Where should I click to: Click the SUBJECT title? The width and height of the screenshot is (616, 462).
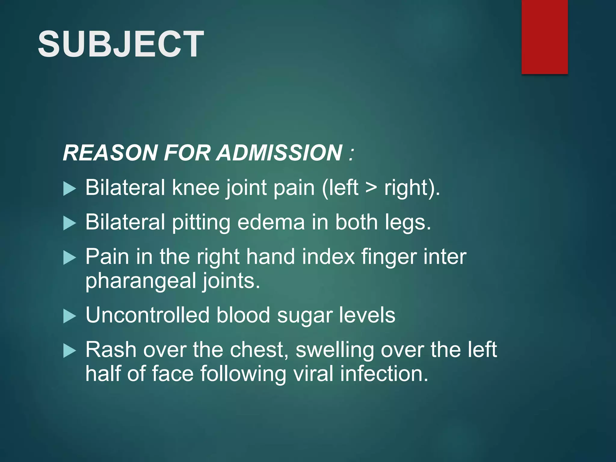[121, 44]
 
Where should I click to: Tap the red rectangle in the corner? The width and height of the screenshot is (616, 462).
[544, 37]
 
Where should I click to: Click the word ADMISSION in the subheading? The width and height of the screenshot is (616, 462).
[280, 152]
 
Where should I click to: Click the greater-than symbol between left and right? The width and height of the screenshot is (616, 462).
[371, 188]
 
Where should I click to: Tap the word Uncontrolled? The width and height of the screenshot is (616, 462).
[147, 315]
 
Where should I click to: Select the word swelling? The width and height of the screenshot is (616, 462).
[334, 350]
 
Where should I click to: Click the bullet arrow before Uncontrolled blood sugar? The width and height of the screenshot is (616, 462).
[70, 316]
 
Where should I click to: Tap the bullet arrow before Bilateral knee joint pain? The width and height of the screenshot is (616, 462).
[70, 189]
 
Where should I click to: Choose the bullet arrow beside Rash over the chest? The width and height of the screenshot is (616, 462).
[70, 351]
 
